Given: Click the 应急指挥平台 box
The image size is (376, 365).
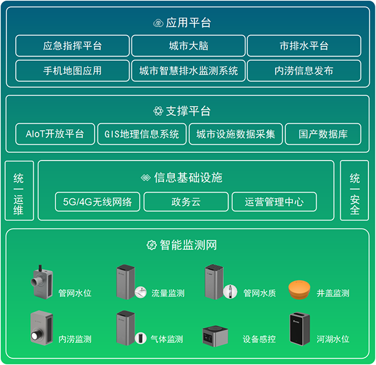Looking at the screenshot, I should (x=73, y=46).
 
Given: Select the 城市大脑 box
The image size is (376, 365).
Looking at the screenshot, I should (x=189, y=46).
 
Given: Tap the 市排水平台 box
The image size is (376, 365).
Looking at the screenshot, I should (x=304, y=46).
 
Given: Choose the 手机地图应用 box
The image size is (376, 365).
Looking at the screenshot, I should (x=73, y=71).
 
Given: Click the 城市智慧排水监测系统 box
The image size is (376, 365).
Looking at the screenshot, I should (x=189, y=71).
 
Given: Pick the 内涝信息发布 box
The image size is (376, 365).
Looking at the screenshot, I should (x=304, y=71).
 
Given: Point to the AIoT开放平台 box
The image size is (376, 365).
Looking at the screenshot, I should (x=55, y=134).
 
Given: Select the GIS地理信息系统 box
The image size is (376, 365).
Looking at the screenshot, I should (x=142, y=134).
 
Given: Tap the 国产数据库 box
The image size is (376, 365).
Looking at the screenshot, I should (x=322, y=134).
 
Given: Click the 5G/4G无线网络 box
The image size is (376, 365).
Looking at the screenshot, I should (x=98, y=202).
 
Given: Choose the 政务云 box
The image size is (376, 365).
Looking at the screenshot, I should (x=185, y=202).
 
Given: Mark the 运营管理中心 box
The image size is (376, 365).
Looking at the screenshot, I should (x=274, y=202).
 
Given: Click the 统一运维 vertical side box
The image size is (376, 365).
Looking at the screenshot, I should (x=19, y=191).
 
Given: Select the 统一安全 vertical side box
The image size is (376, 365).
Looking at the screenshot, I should (x=355, y=191).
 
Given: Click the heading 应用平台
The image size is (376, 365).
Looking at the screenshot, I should (x=189, y=23).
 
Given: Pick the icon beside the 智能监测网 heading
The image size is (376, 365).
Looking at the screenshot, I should (x=150, y=245).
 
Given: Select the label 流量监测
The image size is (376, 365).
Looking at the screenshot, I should (x=168, y=293).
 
